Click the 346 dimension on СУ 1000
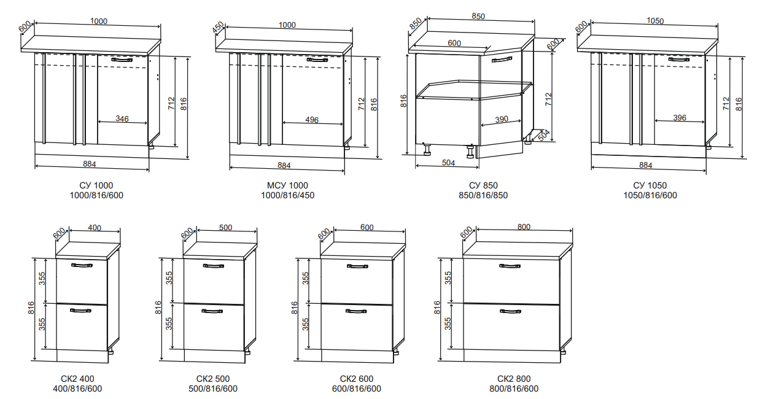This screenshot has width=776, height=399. [122, 119]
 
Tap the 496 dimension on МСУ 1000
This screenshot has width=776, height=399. [312, 120]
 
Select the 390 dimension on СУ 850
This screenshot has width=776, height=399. [502, 120]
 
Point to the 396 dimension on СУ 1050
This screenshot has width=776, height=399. [680, 118]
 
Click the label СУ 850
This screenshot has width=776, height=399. [483, 185]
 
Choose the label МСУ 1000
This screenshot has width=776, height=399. [287, 185]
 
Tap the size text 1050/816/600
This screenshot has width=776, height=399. [650, 195]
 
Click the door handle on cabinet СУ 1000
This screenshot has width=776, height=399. [122, 60]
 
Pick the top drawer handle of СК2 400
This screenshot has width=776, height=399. [82, 266]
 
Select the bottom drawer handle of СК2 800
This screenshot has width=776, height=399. [510, 311]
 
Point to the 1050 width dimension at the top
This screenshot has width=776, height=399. [655, 21]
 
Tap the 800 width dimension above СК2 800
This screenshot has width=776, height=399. [524, 227]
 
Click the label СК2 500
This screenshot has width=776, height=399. [213, 379]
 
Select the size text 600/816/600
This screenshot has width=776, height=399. [357, 389]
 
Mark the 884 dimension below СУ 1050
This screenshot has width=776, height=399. [645, 165]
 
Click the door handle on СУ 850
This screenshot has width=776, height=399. [502, 60]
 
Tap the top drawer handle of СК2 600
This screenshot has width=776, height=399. [357, 266]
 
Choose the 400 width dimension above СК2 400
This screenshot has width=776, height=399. [94, 228]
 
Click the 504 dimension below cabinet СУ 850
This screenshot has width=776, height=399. [448, 163]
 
